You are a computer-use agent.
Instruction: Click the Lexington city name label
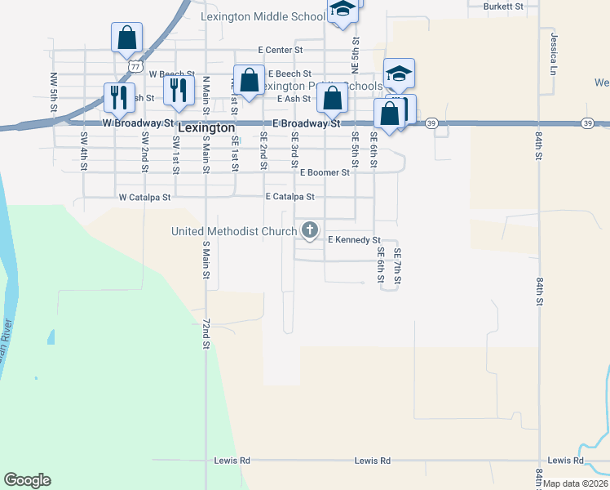(x=206, y=128)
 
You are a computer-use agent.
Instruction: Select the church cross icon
(x=310, y=231)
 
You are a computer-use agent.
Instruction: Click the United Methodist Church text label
(x=234, y=231)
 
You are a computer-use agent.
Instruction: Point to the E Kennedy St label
(x=354, y=240)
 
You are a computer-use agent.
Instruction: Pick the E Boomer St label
(x=325, y=172)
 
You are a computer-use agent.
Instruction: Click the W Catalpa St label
(x=144, y=197)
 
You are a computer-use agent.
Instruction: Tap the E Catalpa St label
(x=290, y=197)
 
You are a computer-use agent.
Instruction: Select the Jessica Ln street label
(x=553, y=49)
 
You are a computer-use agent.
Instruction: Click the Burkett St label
(x=502, y=6)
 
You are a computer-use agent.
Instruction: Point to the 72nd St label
(x=206, y=334)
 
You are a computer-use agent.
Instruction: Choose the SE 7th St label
(x=397, y=267)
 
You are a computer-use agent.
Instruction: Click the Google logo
(x=27, y=480)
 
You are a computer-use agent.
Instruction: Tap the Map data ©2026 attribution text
(x=575, y=483)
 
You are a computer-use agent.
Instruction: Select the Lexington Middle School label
(x=263, y=16)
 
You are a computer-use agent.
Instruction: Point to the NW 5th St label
(x=54, y=91)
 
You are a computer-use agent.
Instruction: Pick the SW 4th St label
(x=84, y=151)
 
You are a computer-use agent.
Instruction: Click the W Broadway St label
(x=138, y=122)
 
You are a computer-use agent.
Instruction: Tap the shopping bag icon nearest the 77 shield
(x=127, y=38)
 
